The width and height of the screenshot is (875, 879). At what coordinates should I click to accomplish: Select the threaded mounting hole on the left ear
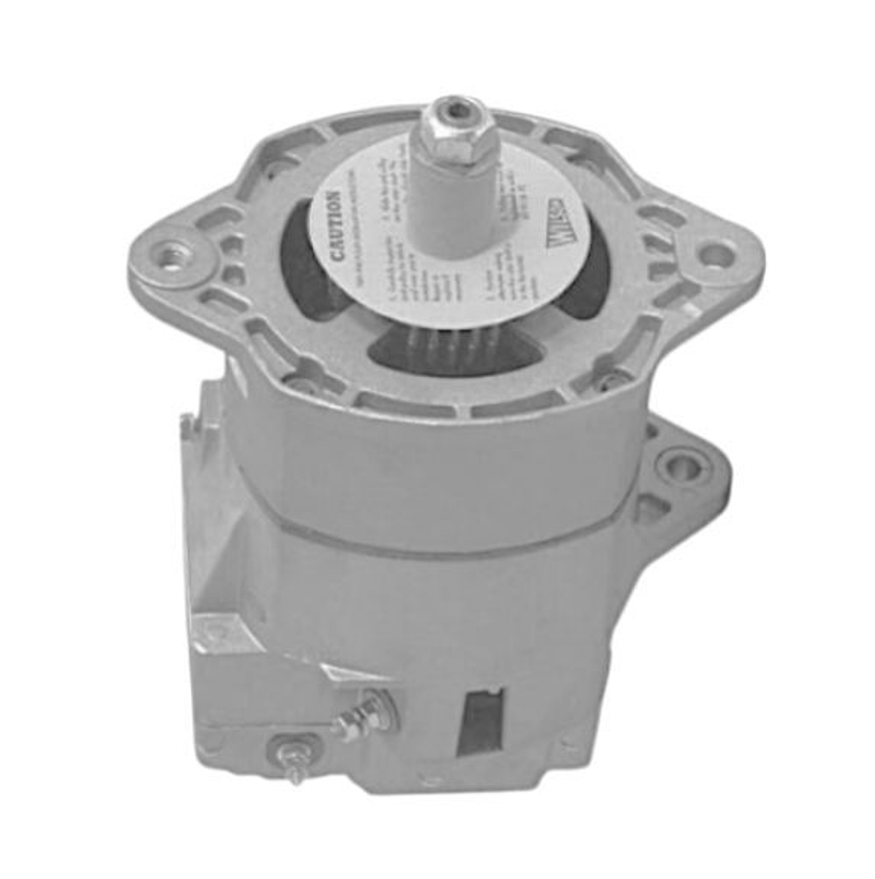[x=173, y=258]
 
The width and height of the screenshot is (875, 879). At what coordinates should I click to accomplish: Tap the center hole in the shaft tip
[x=454, y=108]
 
